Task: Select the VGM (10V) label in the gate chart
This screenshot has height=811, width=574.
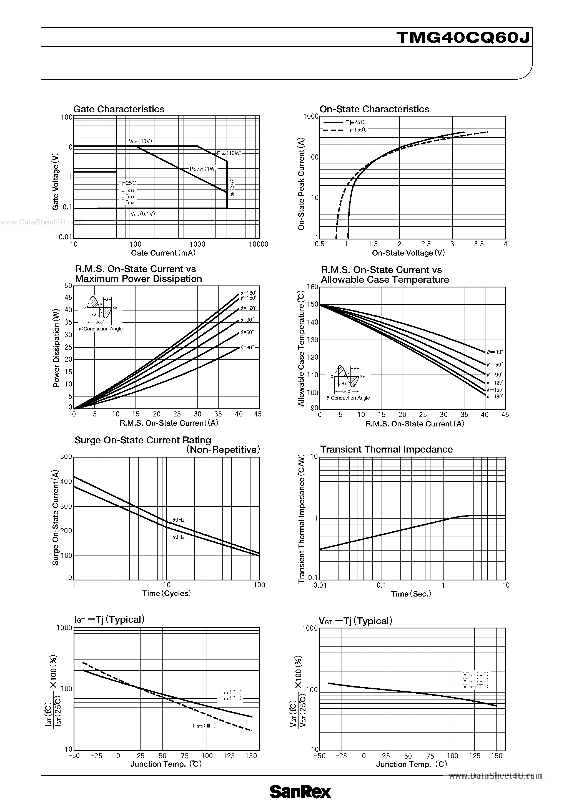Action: pyautogui.click(x=140, y=141)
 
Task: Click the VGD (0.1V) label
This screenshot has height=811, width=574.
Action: pyautogui.click(x=142, y=214)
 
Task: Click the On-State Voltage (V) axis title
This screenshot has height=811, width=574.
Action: pyautogui.click(x=408, y=253)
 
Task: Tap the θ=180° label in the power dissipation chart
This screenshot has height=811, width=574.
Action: pyautogui.click(x=249, y=292)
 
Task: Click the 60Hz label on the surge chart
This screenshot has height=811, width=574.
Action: pyautogui.click(x=179, y=520)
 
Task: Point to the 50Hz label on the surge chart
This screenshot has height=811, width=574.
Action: pyautogui.click(x=179, y=537)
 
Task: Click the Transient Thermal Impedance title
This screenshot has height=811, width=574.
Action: pyautogui.click(x=386, y=449)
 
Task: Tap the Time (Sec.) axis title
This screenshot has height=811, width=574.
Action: pyautogui.click(x=411, y=594)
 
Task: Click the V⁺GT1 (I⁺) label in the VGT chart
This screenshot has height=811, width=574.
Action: pyautogui.click(x=475, y=674)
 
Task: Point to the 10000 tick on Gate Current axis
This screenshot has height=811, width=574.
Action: pyautogui.click(x=258, y=244)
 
